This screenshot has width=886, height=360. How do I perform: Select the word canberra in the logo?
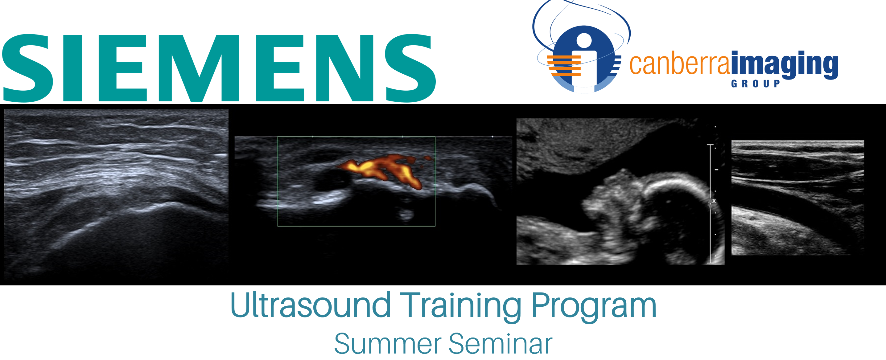[679, 64]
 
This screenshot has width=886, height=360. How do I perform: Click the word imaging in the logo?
[785, 64]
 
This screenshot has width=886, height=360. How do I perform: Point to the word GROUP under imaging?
[755, 84]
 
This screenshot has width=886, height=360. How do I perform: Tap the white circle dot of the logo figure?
[584, 41]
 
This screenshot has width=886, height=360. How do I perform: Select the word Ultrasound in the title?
[310, 305]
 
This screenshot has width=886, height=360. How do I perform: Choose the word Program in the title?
[594, 307]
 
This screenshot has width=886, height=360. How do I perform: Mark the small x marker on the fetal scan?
[714, 201]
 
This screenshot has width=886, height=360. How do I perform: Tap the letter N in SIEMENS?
[345, 68]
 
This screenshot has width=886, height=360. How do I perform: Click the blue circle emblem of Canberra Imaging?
[584, 59]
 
